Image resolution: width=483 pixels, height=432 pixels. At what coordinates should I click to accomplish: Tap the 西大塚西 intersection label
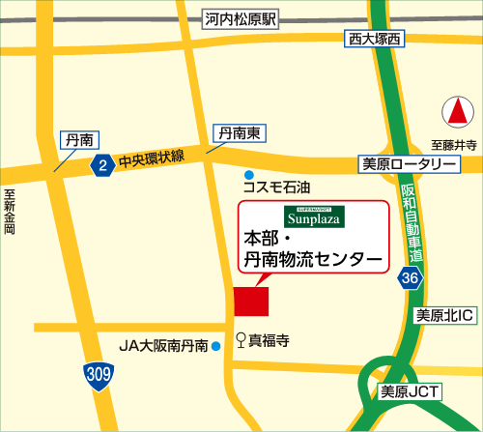pos(374,39)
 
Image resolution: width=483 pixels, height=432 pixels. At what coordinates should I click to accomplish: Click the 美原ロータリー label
pos(408,164)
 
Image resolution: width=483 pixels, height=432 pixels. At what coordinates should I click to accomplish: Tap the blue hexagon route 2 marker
pos(101,166)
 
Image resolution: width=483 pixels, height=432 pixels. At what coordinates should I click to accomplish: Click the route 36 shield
pos(411,278)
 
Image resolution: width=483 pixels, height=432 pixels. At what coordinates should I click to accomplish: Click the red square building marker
pos(252,300)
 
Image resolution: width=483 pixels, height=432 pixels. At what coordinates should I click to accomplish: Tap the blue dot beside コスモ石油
pos(249,174)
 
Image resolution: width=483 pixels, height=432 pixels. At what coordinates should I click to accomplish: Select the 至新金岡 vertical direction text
pos(10,213)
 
